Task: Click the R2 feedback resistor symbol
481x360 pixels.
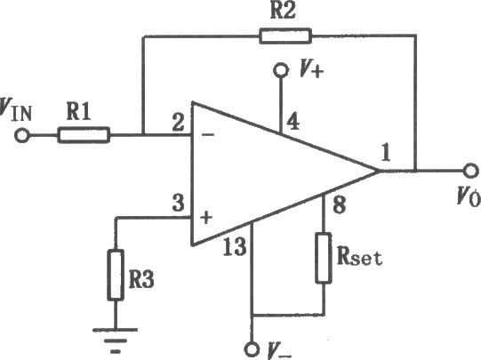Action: click(285, 36)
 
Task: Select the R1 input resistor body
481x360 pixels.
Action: click(84, 135)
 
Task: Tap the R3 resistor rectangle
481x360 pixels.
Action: click(116, 275)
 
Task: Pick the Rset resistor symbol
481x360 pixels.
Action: click(324, 258)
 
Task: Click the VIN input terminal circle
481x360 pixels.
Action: click(22, 135)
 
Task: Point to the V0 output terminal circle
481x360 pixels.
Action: click(470, 171)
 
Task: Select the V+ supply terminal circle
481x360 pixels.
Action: click(281, 70)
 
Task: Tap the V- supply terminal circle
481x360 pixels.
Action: click(252, 349)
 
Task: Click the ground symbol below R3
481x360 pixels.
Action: click(116, 340)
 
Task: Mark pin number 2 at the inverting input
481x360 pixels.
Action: click(178, 123)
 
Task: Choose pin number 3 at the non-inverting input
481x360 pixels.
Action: click(178, 204)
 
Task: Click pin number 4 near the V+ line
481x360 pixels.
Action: click(293, 121)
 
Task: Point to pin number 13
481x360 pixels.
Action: click(235, 247)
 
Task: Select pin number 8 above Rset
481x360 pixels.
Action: click(339, 204)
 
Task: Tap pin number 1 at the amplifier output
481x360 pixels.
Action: click(386, 152)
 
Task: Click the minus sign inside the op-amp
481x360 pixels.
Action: click(208, 134)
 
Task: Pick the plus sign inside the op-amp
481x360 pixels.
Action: click(206, 217)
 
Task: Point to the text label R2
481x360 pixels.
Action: click(283, 11)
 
